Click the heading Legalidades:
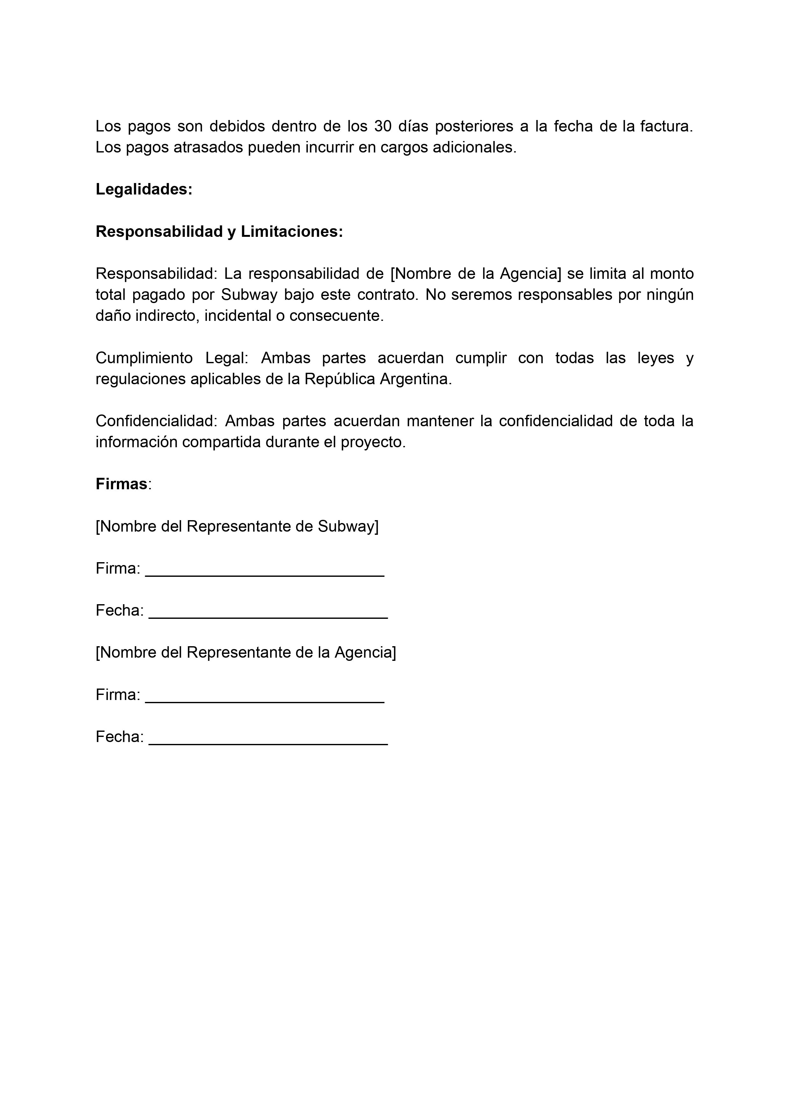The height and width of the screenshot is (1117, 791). click(144, 189)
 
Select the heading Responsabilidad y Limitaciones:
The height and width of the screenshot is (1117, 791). click(219, 232)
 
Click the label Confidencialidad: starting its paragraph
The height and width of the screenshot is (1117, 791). click(156, 421)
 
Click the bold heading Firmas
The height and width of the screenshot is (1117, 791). click(121, 484)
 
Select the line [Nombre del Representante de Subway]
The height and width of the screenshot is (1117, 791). click(237, 527)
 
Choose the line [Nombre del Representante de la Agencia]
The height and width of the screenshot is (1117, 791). click(246, 653)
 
